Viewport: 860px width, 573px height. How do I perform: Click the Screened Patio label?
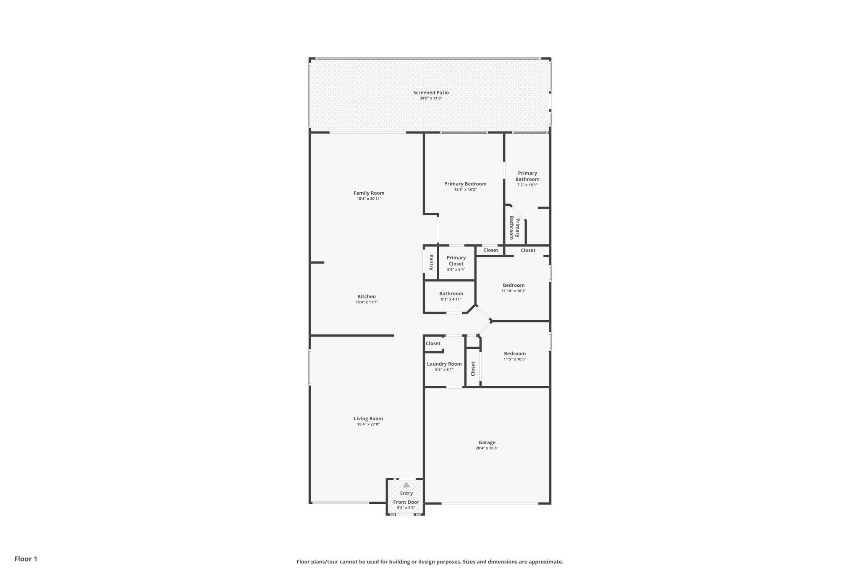(x=431, y=93)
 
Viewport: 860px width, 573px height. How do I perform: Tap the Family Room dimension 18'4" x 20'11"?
(x=369, y=199)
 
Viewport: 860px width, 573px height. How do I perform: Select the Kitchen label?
(x=367, y=296)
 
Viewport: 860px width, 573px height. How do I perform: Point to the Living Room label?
(x=368, y=419)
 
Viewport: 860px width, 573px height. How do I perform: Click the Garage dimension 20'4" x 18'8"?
(x=487, y=448)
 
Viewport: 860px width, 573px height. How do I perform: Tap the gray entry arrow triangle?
(x=406, y=485)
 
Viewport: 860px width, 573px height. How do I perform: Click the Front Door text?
(x=406, y=502)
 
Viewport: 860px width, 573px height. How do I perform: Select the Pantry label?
(x=431, y=262)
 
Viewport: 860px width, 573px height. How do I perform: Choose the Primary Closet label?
(x=456, y=261)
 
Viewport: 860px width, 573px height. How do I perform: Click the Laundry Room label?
(x=444, y=364)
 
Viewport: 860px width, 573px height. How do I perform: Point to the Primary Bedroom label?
(x=465, y=184)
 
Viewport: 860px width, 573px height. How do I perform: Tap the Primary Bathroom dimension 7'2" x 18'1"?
(x=527, y=185)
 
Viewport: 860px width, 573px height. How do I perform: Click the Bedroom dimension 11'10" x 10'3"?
(x=514, y=291)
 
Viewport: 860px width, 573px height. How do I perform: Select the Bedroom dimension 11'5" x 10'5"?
(x=515, y=359)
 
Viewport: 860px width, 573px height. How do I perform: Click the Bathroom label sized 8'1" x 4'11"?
(x=451, y=294)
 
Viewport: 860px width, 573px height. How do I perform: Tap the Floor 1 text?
(x=26, y=559)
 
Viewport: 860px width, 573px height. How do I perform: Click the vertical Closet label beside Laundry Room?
(x=473, y=369)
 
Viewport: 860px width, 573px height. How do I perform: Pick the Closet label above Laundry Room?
(x=433, y=343)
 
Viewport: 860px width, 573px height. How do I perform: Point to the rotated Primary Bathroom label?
(x=514, y=228)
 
